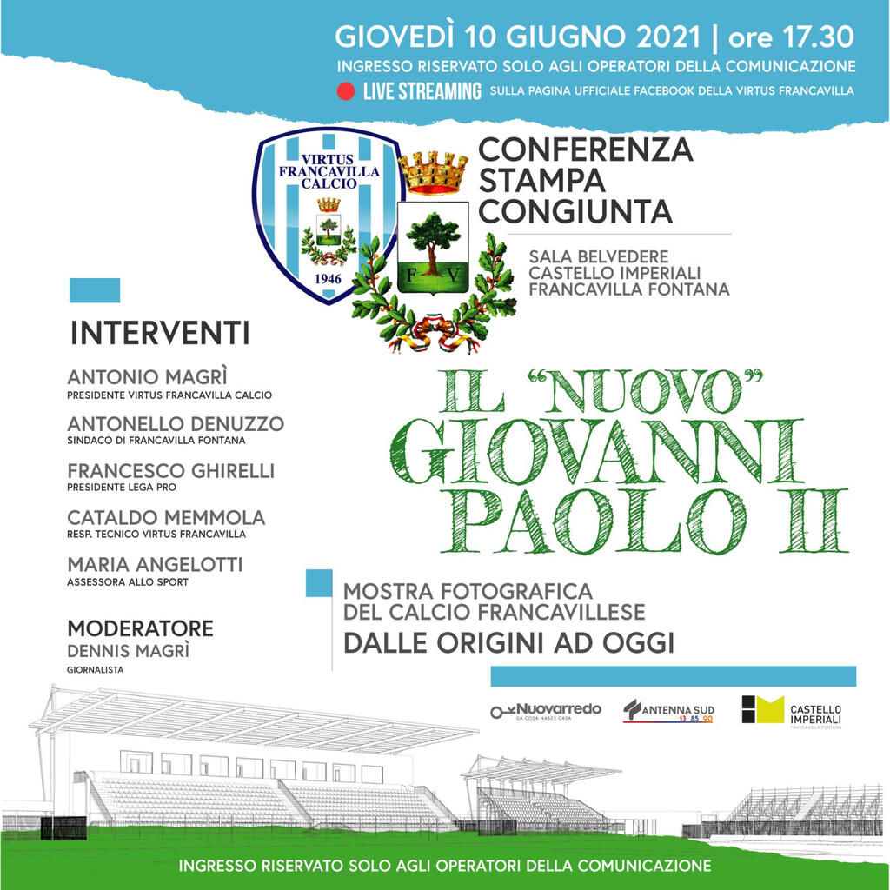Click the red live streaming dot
tap(345, 91)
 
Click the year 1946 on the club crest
tap(328, 279)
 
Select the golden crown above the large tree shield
tap(433, 173)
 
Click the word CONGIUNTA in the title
tap(575, 212)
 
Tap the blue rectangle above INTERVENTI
tap(95, 290)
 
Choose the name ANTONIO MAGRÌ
tap(147, 377)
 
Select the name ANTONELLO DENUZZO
tap(176, 424)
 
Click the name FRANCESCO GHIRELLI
tap(171, 471)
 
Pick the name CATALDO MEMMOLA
tap(166, 518)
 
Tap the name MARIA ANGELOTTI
tap(155, 565)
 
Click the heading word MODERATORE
tap(140, 629)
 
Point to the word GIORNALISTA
tap(96, 670)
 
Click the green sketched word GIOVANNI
tap(596, 452)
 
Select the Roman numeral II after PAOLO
tap(814, 521)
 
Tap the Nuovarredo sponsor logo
tap(546, 711)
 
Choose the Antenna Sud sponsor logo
tap(668, 711)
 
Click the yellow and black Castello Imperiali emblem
tap(763, 709)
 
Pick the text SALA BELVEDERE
tap(599, 256)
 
